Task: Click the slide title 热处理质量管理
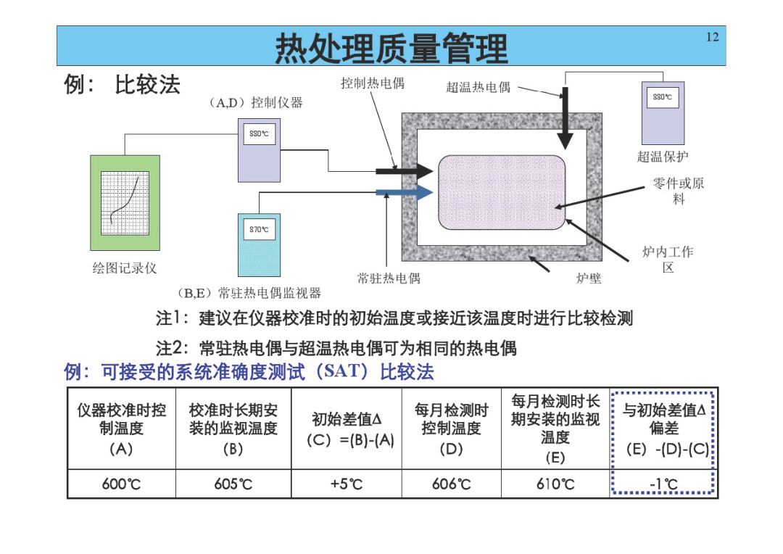tap(391, 48)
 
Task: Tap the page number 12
tap(712, 37)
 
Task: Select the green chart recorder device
tap(125, 203)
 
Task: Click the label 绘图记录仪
tap(125, 268)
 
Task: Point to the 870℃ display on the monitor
tap(259, 229)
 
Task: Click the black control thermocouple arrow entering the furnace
tap(405, 171)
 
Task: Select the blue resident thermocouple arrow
tap(405, 192)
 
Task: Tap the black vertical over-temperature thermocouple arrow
tap(565, 118)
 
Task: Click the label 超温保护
tap(663, 157)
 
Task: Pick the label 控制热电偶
tap(373, 83)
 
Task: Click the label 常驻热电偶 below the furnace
tap(389, 278)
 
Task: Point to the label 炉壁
tap(589, 278)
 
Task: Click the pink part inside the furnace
tap(502, 192)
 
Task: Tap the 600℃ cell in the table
tap(121, 484)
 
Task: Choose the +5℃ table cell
tap(346, 484)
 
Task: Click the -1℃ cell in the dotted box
tap(663, 484)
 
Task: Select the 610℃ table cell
tap(555, 484)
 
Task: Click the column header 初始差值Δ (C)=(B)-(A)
tap(346, 429)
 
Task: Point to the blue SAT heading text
tap(249, 372)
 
